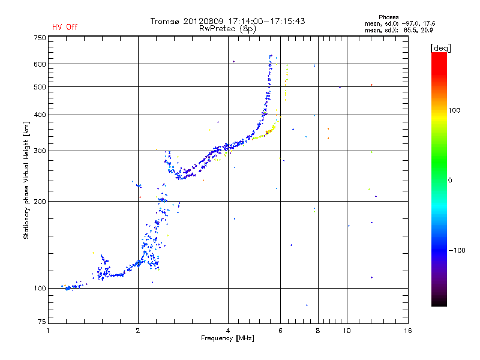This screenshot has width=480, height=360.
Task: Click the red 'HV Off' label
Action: pyautogui.click(x=65, y=27)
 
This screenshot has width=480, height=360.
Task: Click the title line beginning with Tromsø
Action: pyautogui.click(x=228, y=21)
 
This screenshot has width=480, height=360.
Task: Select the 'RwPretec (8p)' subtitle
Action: pyautogui.click(x=228, y=28)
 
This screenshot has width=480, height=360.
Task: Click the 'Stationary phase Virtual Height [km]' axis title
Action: pyautogui.click(x=26, y=180)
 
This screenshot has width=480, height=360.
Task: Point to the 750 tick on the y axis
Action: pyautogui.click(x=40, y=38)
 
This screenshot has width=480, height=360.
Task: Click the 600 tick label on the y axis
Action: pyautogui.click(x=40, y=64)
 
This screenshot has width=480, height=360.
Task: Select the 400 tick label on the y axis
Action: pyautogui.click(x=40, y=115)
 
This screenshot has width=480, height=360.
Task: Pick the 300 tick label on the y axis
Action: pyautogui.click(x=40, y=151)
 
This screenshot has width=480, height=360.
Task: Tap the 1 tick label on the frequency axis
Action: pyautogui.click(x=48, y=331)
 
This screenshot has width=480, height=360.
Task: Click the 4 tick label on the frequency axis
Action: pyautogui.click(x=228, y=331)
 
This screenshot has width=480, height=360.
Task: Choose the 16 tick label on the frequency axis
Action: pyautogui.click(x=408, y=331)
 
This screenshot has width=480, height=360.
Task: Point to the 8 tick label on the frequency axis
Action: pyautogui.click(x=318, y=331)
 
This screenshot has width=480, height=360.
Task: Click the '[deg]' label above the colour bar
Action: pyautogui.click(x=441, y=47)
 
